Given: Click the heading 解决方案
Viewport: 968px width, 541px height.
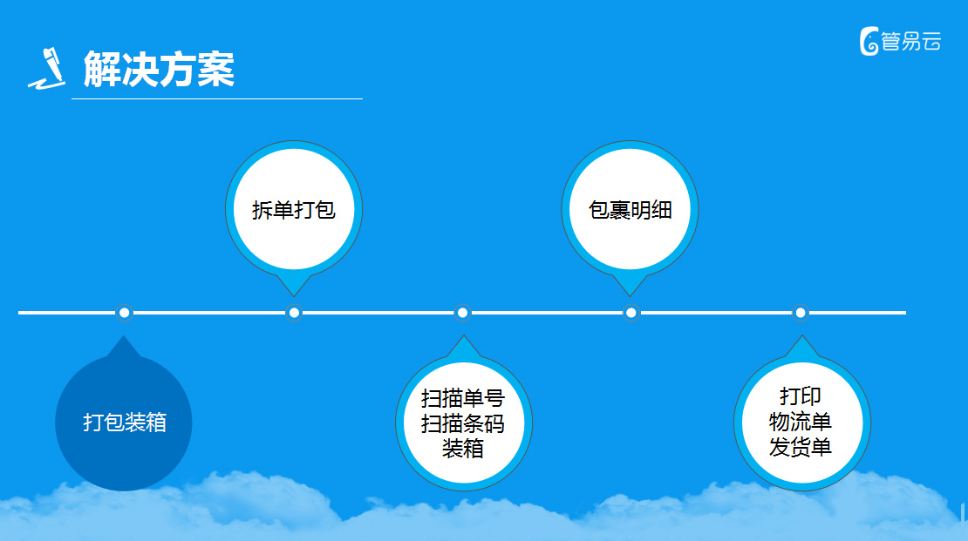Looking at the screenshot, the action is (159, 69).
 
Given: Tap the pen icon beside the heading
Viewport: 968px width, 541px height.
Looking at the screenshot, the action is (48, 69).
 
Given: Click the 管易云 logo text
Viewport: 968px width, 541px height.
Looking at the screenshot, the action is (910, 42).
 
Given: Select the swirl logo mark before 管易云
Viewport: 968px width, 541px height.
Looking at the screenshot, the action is (869, 41).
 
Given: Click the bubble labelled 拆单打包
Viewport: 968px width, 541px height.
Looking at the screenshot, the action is (294, 210).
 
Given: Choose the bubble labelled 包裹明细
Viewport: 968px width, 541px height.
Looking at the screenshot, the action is (630, 210).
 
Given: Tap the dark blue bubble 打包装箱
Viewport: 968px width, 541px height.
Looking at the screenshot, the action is (124, 423).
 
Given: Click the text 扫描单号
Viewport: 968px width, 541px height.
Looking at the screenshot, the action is (463, 398).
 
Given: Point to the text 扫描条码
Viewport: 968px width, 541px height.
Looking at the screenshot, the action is (463, 423).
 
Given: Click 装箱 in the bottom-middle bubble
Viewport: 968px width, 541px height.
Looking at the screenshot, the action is (463, 449).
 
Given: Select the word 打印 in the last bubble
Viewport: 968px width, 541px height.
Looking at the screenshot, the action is (800, 396).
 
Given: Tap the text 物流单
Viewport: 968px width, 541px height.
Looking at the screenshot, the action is (800, 422).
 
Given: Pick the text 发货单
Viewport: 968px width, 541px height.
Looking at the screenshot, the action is (800, 447).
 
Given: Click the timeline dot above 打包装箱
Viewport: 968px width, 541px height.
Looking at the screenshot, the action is (124, 313).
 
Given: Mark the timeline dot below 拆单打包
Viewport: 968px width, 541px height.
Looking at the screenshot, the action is (294, 313).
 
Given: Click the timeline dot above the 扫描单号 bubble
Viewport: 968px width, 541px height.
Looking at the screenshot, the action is (462, 313).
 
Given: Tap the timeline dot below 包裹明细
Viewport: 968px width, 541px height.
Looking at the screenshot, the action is (631, 313).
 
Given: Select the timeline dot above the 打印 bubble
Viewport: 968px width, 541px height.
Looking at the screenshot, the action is (800, 313).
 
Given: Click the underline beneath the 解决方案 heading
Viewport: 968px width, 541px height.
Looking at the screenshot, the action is (216, 98).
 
